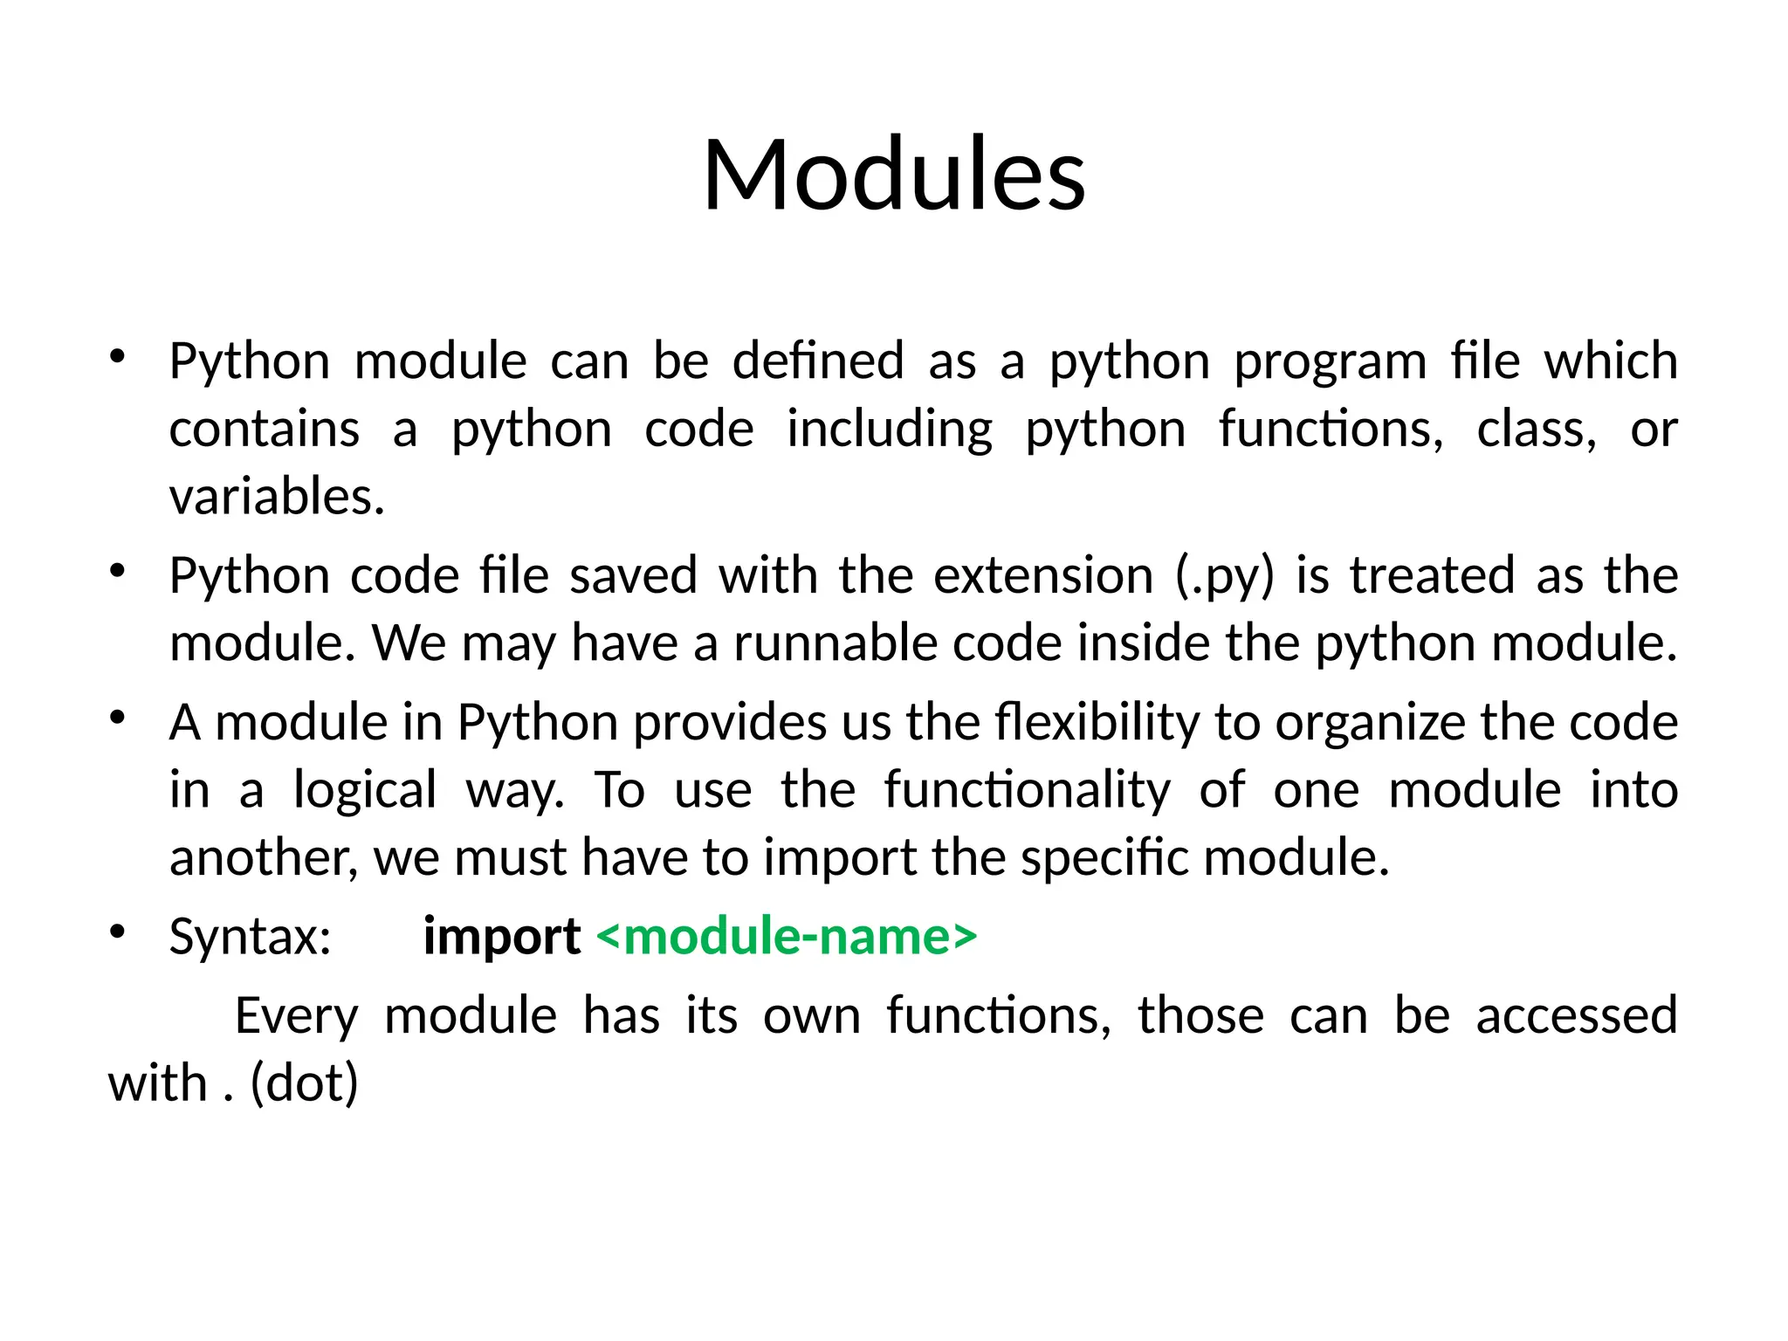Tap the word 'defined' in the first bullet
[x=818, y=361]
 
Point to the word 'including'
[x=890, y=430]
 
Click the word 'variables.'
[x=277, y=497]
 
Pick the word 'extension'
[x=1043, y=576]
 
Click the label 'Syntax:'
[x=251, y=938]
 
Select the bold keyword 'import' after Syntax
[x=502, y=938]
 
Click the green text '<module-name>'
[x=787, y=937]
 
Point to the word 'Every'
[x=297, y=1017]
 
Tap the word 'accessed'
[x=1576, y=1015]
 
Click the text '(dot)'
[x=304, y=1083]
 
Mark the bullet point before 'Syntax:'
[x=118, y=932]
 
